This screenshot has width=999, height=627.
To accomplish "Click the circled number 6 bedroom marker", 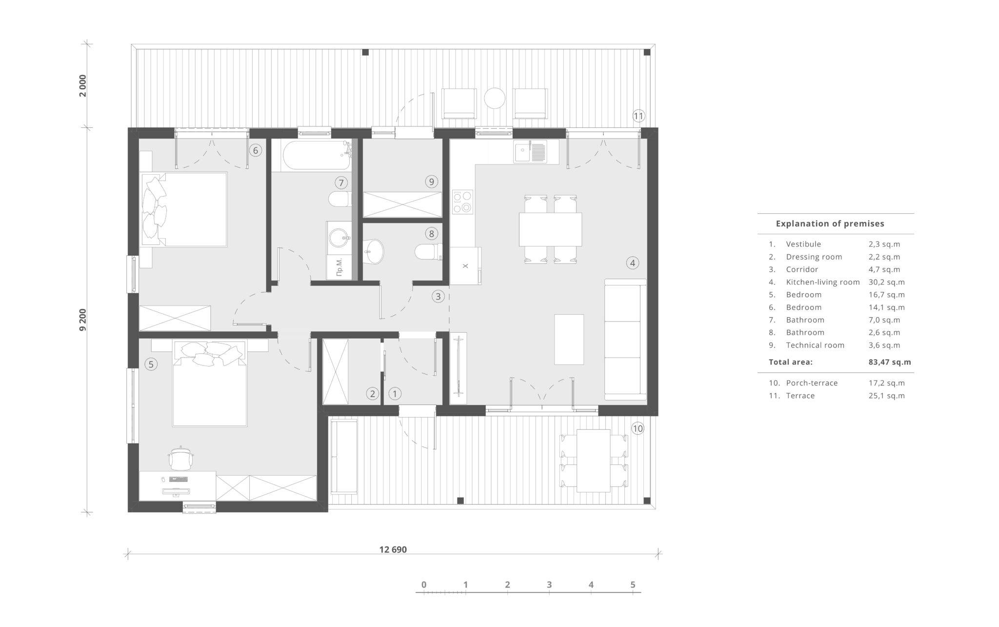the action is [255, 150].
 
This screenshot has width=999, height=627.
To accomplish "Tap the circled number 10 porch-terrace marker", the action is [638, 428].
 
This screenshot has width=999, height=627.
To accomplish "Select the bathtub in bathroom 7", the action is [316, 154].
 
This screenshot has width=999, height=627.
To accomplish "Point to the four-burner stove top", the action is [462, 202].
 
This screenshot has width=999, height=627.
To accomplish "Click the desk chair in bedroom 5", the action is [181, 458].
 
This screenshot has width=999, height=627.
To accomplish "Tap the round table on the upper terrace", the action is [495, 98].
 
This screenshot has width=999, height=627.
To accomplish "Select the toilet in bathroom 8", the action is [428, 252].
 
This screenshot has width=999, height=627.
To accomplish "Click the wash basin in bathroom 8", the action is [374, 252].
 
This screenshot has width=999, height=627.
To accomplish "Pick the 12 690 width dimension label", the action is [393, 549].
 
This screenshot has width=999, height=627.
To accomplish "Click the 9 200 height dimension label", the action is [83, 320].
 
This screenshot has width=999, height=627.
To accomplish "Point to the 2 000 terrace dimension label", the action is [83, 85].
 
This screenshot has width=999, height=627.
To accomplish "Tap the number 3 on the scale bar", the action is [549, 585].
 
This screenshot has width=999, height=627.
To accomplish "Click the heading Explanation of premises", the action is [830, 223].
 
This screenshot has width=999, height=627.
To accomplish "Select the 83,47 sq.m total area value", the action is [886, 362].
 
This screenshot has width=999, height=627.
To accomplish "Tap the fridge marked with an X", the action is [465, 266].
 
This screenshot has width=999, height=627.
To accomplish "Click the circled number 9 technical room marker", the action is [431, 182].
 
